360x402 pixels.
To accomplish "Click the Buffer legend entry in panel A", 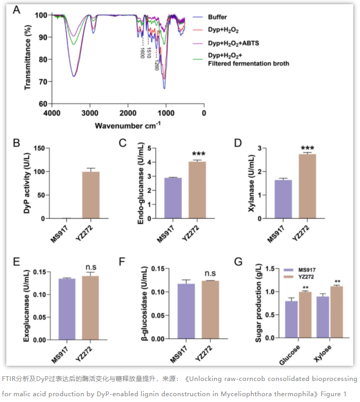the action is (210, 17).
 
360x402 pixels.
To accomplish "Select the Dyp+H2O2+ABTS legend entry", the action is (225, 43).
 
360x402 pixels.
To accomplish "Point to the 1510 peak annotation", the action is (149, 53).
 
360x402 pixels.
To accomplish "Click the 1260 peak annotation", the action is (157, 65).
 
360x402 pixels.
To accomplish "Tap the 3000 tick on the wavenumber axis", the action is (90, 113).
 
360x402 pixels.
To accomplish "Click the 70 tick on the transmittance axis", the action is (43, 82).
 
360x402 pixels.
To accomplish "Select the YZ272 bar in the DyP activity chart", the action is (91, 195).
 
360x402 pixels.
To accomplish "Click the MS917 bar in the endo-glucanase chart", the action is (173, 198).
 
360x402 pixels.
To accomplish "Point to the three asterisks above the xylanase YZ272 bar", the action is (307, 148).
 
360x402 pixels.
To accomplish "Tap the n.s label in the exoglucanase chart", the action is (91, 267).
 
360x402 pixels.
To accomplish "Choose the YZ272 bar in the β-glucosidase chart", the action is (210, 310).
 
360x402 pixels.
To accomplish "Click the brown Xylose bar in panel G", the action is (336, 312).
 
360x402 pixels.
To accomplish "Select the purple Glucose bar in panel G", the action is (291, 319).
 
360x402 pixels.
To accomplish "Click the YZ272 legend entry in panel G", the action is (299, 277).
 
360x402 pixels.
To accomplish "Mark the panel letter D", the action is (238, 143).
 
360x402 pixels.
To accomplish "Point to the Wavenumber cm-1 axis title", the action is (128, 126).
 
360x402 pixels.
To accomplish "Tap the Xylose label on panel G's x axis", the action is (322, 354).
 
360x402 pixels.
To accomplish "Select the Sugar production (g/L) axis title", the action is (258, 303).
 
